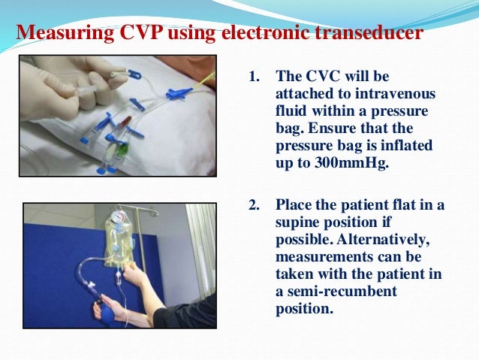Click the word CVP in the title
coord(140,32)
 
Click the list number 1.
coord(255,77)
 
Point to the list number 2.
coord(255,205)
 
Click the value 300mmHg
coord(351,163)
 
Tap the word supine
coord(296,223)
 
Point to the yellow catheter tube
coord(204,83)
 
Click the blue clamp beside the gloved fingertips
coord(134,74)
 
